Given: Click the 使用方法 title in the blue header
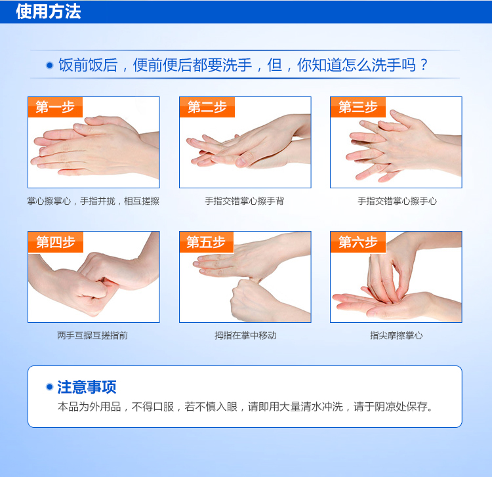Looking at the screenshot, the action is pyautogui.click(x=49, y=12).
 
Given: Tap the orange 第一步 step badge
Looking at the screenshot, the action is pyautogui.click(x=55, y=107).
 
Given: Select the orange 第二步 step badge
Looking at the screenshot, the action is pyautogui.click(x=207, y=107).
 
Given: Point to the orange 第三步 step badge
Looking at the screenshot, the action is pyautogui.click(x=358, y=107).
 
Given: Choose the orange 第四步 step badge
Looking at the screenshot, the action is pyautogui.click(x=56, y=242).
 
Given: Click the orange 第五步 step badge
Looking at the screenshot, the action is pyautogui.click(x=207, y=242).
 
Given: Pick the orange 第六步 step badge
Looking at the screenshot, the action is pyautogui.click(x=358, y=242).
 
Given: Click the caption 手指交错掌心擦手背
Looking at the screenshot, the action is pyautogui.click(x=245, y=201).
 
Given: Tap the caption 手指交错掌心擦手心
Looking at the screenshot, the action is pyautogui.click(x=398, y=201).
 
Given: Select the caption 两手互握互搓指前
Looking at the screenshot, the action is pyautogui.click(x=92, y=335).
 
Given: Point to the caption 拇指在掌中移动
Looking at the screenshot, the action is pyautogui.click(x=245, y=335).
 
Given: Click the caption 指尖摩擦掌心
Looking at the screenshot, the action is pyautogui.click(x=396, y=335).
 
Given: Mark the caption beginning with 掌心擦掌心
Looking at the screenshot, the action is pyautogui.click(x=93, y=201).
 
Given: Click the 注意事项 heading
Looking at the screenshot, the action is pyautogui.click(x=87, y=387).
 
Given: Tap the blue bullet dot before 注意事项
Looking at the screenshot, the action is pyautogui.click(x=49, y=387).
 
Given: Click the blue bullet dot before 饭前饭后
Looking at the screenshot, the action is pyautogui.click(x=50, y=65).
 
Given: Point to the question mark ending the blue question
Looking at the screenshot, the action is pyautogui.click(x=424, y=65).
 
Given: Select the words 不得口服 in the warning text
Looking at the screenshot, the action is pyautogui.click(x=153, y=407).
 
